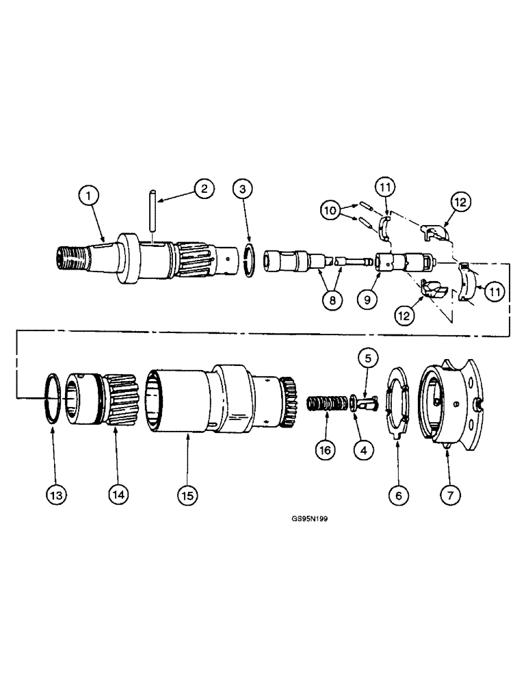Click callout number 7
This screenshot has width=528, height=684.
[x=449, y=494]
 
